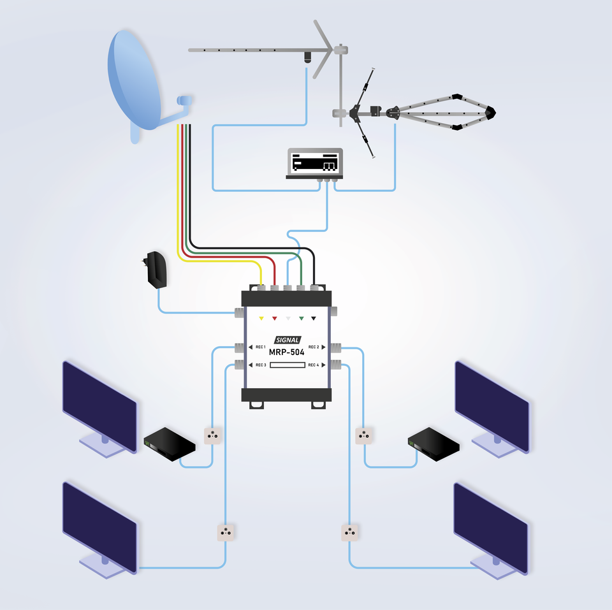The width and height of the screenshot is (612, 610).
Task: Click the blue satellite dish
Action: [x=134, y=80]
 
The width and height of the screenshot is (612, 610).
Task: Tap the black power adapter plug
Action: [x=157, y=270]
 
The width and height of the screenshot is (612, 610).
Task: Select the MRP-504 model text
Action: [x=286, y=351]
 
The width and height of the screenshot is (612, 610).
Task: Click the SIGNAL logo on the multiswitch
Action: [x=287, y=340]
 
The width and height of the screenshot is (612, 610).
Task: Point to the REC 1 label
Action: [x=260, y=347]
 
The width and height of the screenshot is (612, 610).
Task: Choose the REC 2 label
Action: [x=314, y=347]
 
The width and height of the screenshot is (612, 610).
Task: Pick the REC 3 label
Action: [x=260, y=365]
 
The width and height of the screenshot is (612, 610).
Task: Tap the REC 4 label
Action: [x=313, y=365]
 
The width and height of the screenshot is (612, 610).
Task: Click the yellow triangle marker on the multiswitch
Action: [x=261, y=317]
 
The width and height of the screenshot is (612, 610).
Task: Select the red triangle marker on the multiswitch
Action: [x=274, y=317]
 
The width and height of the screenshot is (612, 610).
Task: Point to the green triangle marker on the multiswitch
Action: [x=301, y=317]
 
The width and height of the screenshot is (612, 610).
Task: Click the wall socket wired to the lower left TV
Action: [x=226, y=532]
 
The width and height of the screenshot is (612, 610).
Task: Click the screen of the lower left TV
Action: [x=99, y=526]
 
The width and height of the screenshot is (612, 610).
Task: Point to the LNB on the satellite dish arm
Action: [x=184, y=101]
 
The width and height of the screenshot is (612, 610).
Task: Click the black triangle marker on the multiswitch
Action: [x=314, y=317]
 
